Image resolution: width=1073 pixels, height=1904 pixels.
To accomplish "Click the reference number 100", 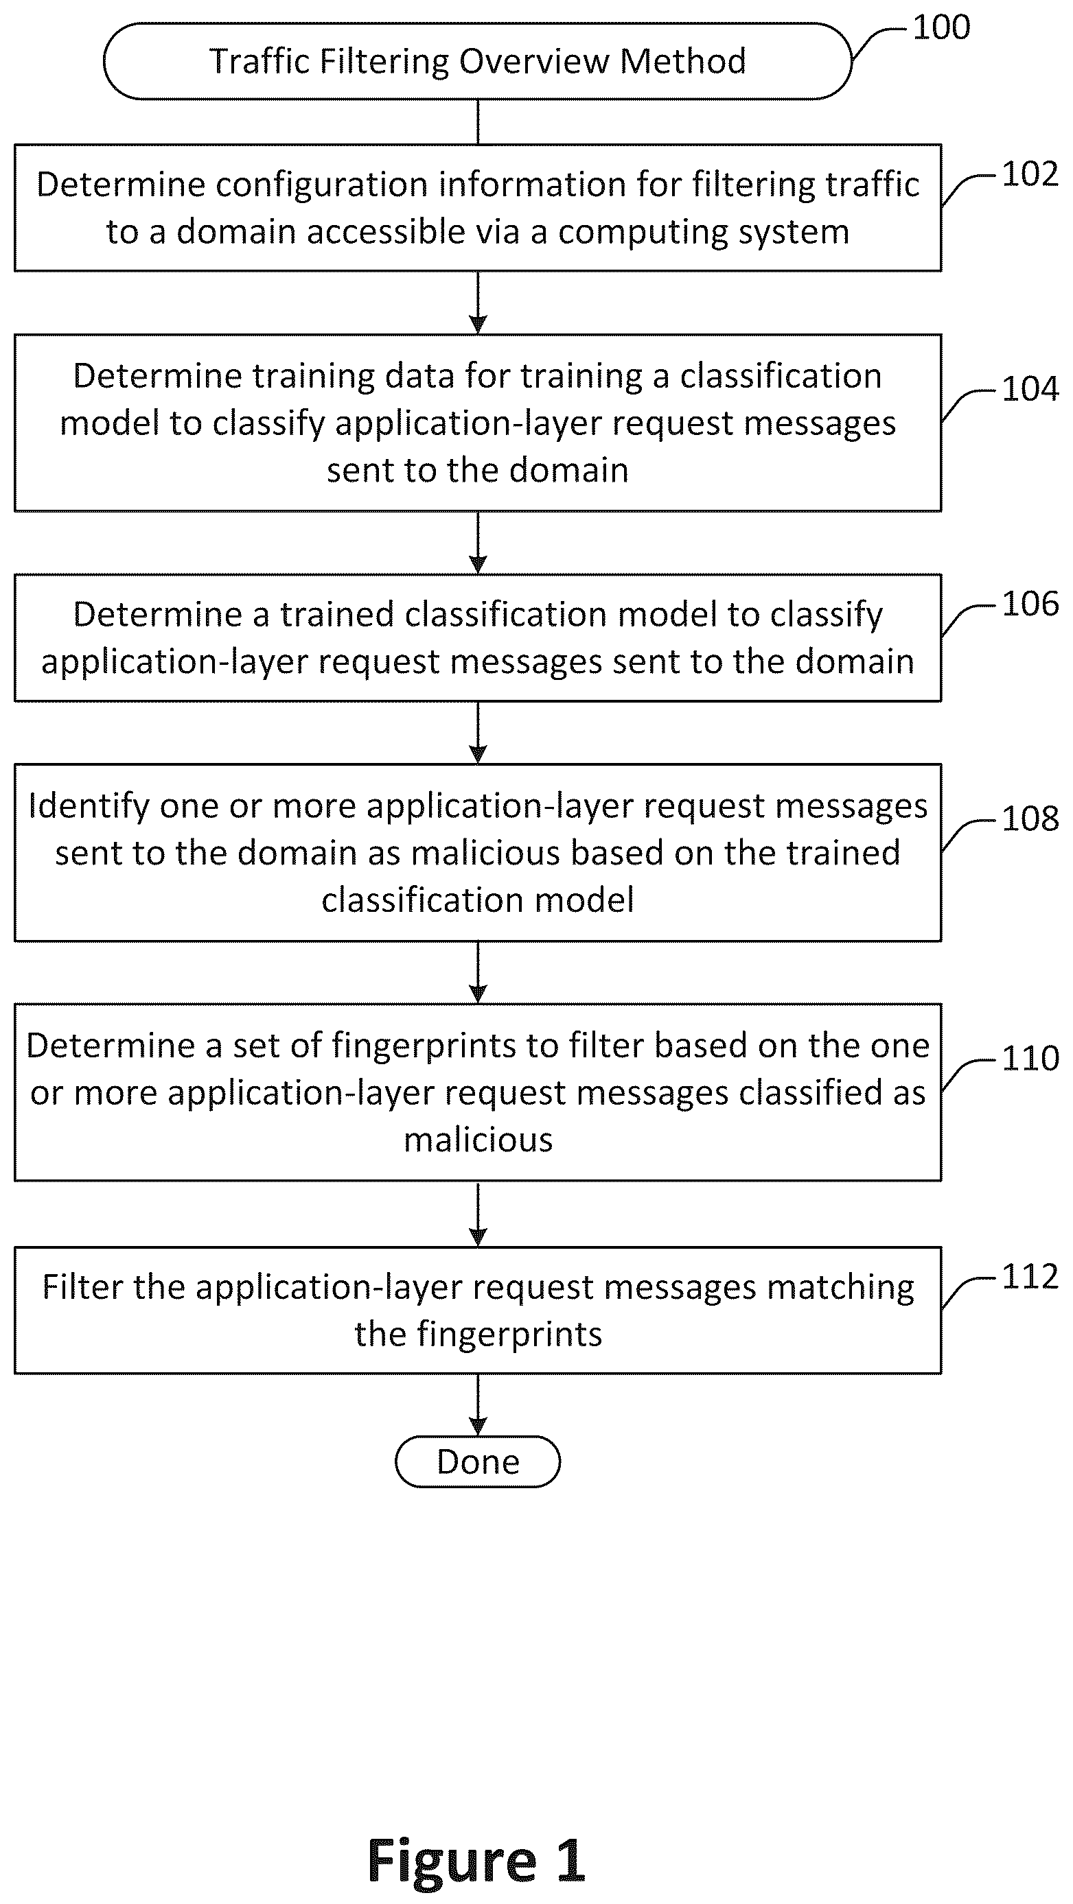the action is (941, 28).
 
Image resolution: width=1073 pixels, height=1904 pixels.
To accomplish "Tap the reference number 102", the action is (1030, 174).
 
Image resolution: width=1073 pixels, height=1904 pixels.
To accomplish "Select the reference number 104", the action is (1030, 389).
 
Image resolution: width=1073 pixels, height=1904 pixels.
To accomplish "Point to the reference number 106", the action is (1030, 604).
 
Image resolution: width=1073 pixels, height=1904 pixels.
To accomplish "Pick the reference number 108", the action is (1030, 819).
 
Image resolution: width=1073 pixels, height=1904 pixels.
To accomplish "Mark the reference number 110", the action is (1030, 1059).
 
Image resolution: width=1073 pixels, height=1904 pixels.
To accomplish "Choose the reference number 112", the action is (1030, 1276).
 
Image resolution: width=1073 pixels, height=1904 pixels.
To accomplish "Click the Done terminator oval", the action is (478, 1461).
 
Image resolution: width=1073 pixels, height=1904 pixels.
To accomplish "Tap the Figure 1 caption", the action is (476, 1859).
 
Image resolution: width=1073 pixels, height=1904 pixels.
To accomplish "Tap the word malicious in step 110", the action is (478, 1140).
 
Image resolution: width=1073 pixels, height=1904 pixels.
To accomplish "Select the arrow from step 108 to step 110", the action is (478, 972).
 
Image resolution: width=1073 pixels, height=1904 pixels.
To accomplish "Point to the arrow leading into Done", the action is (478, 1405).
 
